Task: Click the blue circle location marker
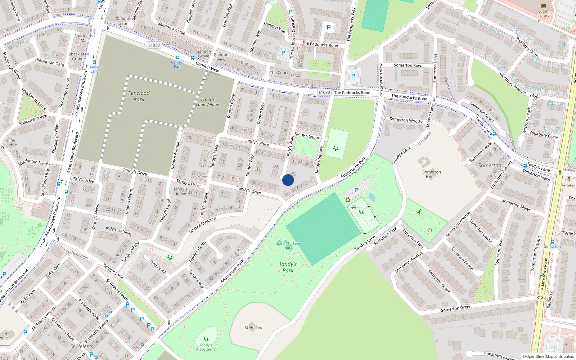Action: click(x=288, y=180)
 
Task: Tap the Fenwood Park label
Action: click(x=139, y=96)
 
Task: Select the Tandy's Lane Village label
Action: click(x=208, y=102)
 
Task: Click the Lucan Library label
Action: click(x=543, y=13)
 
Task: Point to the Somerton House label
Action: click(x=432, y=174)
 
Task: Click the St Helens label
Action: click(x=253, y=328)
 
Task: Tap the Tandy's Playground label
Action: click(x=206, y=347)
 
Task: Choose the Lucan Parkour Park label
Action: click(x=288, y=246)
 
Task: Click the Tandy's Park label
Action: click(x=288, y=267)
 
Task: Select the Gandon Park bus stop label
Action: click(x=178, y=64)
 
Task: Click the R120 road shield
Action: click(x=541, y=297)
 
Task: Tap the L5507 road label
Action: click(x=535, y=96)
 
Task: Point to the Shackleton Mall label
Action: click(x=85, y=38)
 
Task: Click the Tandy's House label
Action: click(x=180, y=191)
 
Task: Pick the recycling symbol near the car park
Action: click(x=348, y=200)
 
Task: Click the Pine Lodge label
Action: click(x=11, y=143)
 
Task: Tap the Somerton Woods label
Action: click(x=406, y=120)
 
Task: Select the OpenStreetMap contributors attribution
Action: click(x=548, y=356)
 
